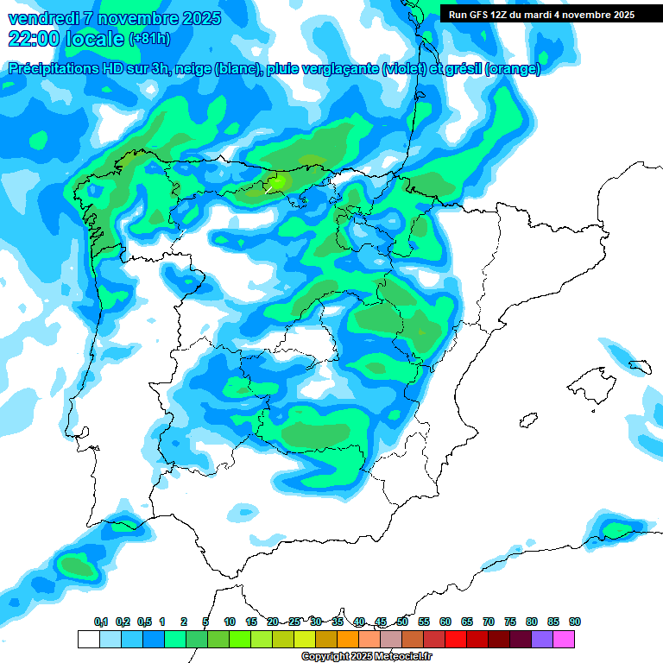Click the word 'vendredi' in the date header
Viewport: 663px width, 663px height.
39,18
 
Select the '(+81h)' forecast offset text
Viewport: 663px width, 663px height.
149,39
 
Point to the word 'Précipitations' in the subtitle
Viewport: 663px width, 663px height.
54,69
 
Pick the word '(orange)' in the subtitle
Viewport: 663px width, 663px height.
514,69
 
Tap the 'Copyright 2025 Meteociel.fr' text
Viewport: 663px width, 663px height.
366,657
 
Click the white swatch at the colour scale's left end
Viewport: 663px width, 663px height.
88,639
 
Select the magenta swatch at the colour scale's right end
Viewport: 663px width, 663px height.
564,639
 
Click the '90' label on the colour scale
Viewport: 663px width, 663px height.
575,622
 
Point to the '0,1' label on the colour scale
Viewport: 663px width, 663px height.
101,622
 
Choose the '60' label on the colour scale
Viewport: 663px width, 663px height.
445,622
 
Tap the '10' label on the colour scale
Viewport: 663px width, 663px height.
230,622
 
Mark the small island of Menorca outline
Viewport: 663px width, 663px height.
639,366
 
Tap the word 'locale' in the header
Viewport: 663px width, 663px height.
93,38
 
